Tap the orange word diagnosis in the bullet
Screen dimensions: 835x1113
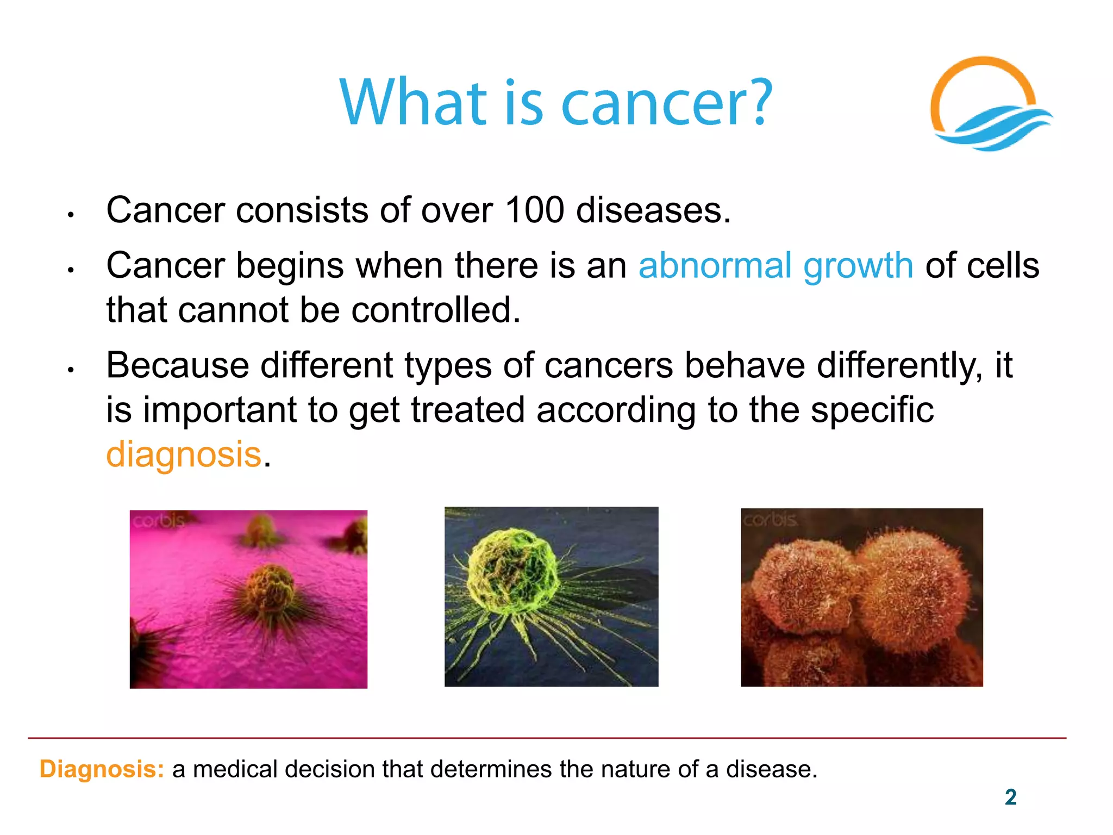pos(184,455)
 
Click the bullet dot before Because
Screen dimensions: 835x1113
pos(70,370)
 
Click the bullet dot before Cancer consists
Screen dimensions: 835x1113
pos(70,215)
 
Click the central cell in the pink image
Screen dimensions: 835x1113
pos(270,590)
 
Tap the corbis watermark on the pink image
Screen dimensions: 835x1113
pos(158,521)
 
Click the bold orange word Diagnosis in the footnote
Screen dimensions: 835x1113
pos(102,770)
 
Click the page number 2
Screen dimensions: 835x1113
pos(1010,797)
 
